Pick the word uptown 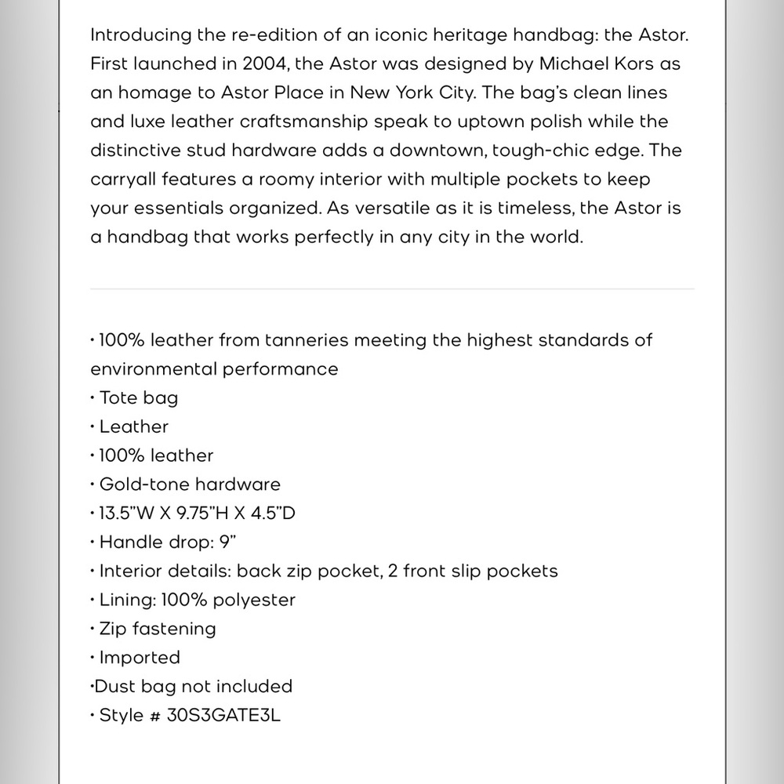(469, 122)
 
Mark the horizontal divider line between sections (392, 289)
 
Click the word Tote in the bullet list (117, 398)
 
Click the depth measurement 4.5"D (275, 514)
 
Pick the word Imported (140, 658)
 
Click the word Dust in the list (115, 687)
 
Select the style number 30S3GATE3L (223, 716)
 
